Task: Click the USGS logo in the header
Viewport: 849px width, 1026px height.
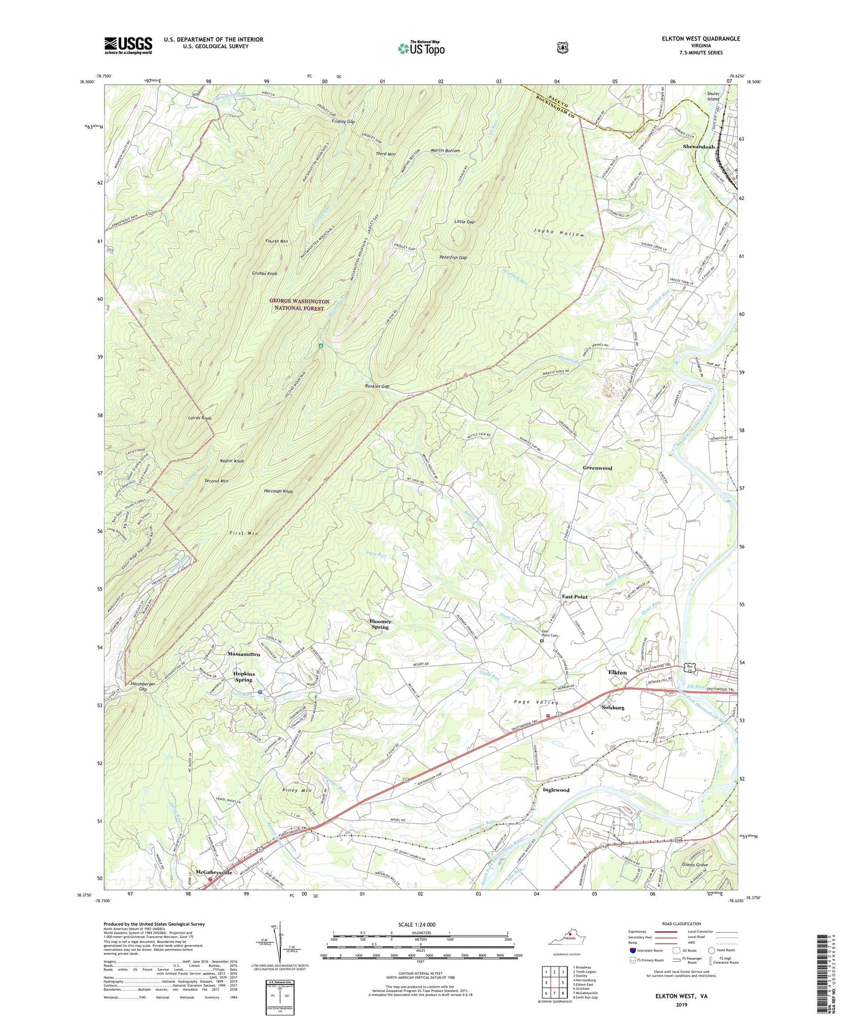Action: click(x=128, y=45)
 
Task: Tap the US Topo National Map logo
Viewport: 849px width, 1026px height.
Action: click(x=421, y=48)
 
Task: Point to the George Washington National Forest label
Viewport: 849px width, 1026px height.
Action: click(x=297, y=304)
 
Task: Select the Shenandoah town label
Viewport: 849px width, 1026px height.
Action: click(x=699, y=146)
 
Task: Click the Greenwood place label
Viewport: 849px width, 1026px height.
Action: click(x=597, y=468)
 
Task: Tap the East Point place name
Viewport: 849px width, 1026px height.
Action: click(x=575, y=596)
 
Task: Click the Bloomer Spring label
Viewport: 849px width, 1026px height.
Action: click(x=380, y=624)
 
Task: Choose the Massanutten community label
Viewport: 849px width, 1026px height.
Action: click(x=244, y=653)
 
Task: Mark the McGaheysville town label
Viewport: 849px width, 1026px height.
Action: click(x=214, y=873)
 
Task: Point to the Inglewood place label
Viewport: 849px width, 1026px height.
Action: click(x=556, y=790)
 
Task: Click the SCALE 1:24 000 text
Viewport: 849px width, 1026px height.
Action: click(x=417, y=924)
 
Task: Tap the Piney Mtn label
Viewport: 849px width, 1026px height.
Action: click(x=297, y=790)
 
